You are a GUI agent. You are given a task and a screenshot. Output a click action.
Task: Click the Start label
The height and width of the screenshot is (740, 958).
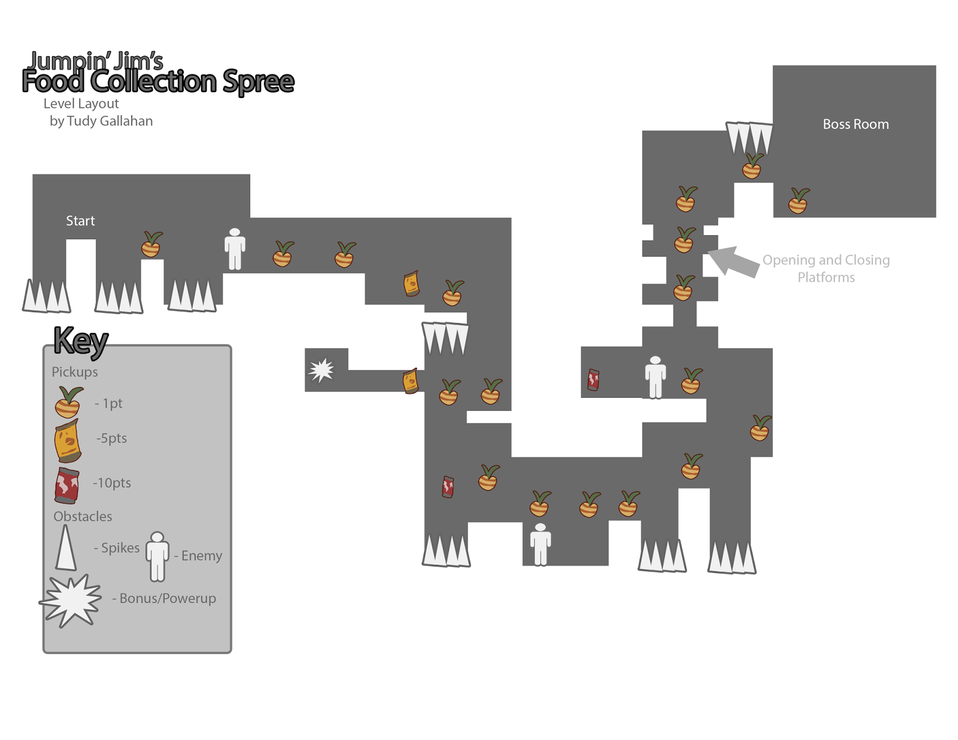point(80,221)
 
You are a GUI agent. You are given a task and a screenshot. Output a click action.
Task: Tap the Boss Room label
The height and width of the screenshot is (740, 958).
point(855,124)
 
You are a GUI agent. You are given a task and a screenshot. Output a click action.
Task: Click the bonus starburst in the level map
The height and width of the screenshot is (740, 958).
point(322,370)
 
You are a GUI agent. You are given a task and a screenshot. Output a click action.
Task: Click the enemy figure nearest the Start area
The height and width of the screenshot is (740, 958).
point(235,248)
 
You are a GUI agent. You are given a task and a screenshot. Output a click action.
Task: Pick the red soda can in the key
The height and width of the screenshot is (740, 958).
point(66,485)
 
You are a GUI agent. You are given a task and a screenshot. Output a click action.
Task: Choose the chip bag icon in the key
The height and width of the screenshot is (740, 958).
point(68,441)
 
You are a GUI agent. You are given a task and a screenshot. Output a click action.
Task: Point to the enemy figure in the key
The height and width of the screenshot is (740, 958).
point(157,556)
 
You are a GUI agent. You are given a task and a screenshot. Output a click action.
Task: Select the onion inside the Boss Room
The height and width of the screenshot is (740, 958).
point(798,200)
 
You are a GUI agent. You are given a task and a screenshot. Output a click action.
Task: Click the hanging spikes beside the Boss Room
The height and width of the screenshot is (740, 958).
point(748,138)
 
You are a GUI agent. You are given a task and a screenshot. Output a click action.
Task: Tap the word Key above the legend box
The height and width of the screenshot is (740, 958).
point(81,340)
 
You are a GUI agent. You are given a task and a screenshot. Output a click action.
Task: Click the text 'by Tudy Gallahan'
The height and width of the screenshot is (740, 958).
point(101,121)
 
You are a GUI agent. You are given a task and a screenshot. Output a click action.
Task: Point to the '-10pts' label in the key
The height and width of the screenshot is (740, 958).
point(112,483)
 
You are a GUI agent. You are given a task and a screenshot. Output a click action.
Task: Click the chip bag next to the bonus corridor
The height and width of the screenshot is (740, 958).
point(410,381)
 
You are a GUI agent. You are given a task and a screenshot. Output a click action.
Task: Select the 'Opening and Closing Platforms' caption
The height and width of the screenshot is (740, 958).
point(826,269)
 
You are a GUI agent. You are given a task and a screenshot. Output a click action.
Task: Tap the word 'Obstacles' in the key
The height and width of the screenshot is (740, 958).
point(83,516)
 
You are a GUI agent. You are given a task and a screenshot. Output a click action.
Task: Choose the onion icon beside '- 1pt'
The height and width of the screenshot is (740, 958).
point(68,401)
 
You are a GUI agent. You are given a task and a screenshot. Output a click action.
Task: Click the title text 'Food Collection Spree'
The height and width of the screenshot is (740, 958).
point(158,82)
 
